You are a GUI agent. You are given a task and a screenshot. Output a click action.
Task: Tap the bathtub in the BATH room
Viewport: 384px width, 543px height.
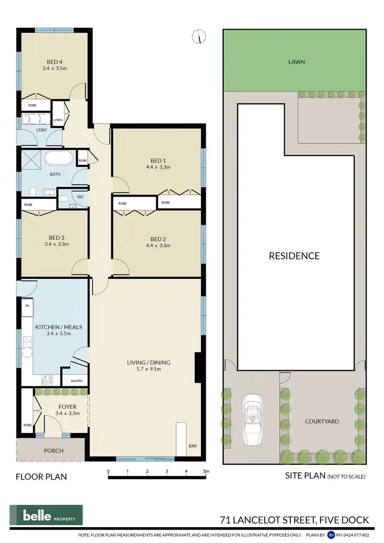pyautogui.click(x=59, y=158)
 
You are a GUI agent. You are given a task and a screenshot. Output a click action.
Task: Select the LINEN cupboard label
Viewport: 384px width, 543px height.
pyautogui.click(x=58, y=121)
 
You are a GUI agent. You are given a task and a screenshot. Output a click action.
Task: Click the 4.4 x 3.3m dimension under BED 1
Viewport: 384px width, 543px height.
pyautogui.click(x=158, y=167)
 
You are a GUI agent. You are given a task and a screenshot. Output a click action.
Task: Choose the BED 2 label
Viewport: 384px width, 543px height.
pyautogui.click(x=158, y=238)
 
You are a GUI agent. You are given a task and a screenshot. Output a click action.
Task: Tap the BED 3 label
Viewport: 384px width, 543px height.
pyautogui.click(x=56, y=237)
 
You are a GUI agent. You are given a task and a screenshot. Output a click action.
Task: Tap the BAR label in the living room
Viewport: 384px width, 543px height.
pyautogui.click(x=193, y=446)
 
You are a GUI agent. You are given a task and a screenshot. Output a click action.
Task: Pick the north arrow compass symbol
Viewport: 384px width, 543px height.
pyautogui.click(x=199, y=36)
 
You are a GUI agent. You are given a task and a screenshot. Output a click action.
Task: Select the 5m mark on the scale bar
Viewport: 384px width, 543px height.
pyautogui.click(x=206, y=471)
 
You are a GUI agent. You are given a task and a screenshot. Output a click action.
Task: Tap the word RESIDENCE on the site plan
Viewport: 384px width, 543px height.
pyautogui.click(x=294, y=256)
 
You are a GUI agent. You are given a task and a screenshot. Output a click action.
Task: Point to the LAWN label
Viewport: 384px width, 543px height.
pyautogui.click(x=296, y=62)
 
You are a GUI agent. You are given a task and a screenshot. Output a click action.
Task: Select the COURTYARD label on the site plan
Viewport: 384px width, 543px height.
pyautogui.click(x=322, y=422)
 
